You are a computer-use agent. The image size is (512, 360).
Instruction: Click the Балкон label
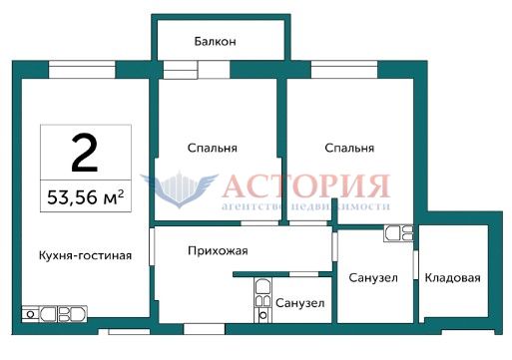216,42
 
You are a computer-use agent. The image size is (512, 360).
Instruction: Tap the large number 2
85,153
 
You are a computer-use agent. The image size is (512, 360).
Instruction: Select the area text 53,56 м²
86,196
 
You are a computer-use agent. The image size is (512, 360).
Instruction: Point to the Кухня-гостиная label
85,255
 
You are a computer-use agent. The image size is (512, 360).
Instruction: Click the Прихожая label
218,250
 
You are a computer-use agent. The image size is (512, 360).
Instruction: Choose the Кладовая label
453,277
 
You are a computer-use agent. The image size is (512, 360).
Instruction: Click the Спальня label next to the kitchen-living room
213,148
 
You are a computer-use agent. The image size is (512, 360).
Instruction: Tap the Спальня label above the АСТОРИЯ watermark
349,148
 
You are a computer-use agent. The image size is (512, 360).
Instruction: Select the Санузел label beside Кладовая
373,277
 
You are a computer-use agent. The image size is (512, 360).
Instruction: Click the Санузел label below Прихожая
300,303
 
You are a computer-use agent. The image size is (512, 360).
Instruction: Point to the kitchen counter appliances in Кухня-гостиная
54,314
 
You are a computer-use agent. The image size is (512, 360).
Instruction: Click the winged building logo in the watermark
180,189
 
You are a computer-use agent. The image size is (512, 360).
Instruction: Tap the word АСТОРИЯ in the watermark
306,185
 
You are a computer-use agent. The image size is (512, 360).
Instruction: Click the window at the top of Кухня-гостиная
82,70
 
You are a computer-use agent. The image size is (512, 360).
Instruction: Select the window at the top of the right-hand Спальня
344,70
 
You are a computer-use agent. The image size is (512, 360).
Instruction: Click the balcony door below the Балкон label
197,70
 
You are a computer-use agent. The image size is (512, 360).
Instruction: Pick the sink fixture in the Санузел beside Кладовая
398,233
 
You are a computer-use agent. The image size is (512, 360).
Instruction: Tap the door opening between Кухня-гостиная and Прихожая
152,246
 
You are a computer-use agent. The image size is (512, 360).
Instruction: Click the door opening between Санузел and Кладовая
415,264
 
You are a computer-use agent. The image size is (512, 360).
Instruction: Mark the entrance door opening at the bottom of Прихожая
205,329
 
